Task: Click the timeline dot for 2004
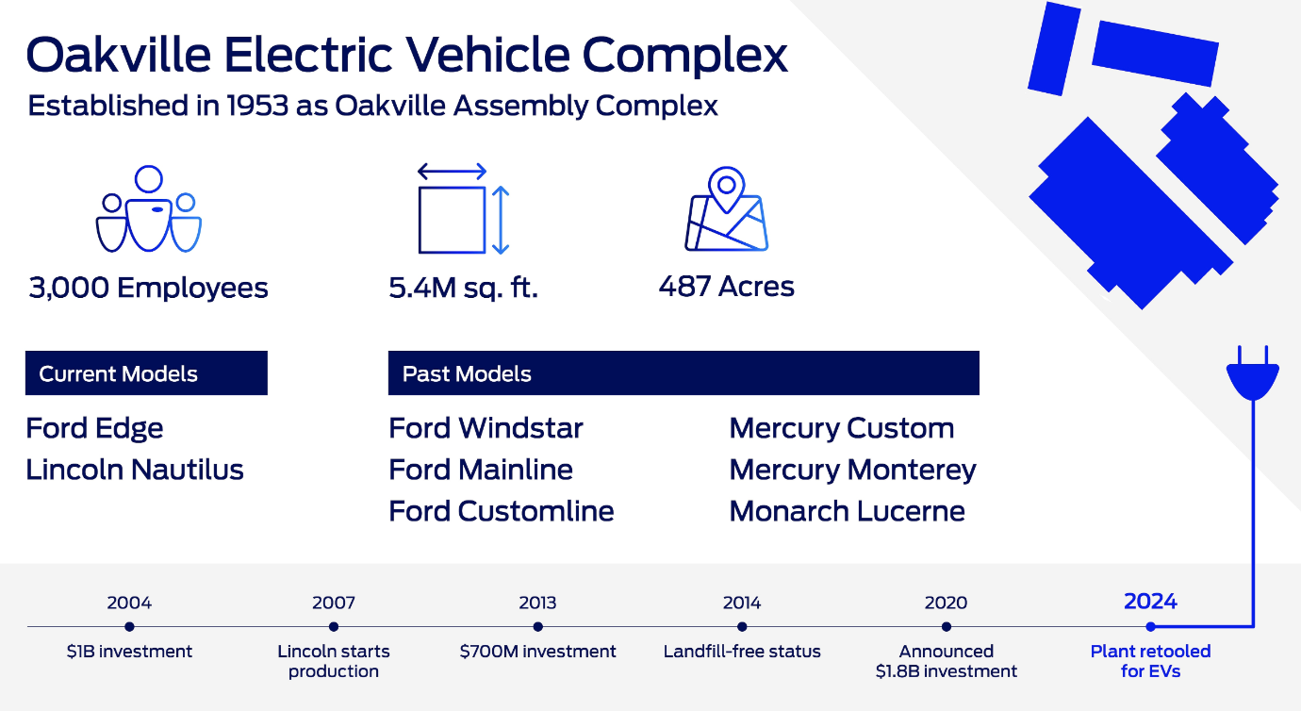tap(129, 627)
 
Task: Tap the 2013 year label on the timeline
tap(537, 603)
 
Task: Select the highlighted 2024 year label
tap(1150, 602)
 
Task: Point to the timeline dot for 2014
tap(742, 627)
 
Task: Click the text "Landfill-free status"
tap(742, 652)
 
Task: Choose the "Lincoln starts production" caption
tap(334, 661)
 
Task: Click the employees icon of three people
tap(149, 209)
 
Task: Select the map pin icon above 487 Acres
tap(727, 209)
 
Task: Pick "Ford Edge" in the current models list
tap(94, 429)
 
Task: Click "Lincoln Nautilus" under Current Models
tap(135, 470)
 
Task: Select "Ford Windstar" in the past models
tap(486, 428)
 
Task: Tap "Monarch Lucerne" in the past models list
tap(847, 511)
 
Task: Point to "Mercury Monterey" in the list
tap(852, 471)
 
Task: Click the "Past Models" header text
tap(467, 373)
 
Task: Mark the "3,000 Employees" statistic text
tap(149, 289)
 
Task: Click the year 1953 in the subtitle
tap(257, 106)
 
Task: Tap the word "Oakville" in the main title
tap(119, 56)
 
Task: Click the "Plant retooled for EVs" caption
tap(1150, 661)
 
